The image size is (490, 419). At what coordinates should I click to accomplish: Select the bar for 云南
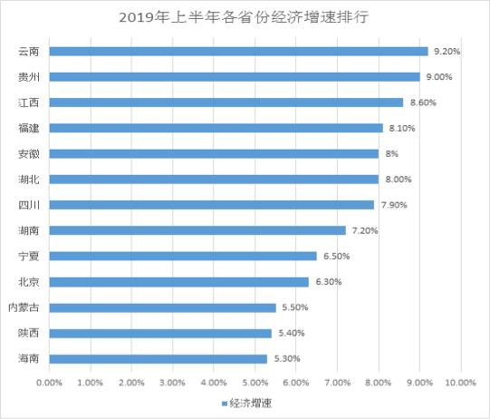238,52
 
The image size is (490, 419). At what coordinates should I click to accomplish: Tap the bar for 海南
159,359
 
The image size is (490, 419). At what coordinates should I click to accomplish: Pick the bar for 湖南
197,230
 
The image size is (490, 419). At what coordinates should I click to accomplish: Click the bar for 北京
178,282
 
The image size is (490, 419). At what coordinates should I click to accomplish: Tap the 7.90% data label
393,205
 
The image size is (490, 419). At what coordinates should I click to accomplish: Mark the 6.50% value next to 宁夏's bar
335,257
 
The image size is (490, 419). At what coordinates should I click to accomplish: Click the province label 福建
28,128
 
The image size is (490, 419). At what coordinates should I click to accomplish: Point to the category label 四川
28,205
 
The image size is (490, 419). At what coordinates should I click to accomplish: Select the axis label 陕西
28,334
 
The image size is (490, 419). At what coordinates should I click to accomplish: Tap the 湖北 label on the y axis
28,180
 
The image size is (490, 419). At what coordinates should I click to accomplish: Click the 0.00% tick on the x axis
49,384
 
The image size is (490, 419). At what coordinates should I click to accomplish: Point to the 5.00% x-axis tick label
255,384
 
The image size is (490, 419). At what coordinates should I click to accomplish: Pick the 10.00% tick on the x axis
460,384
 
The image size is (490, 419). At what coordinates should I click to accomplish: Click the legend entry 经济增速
249,404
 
